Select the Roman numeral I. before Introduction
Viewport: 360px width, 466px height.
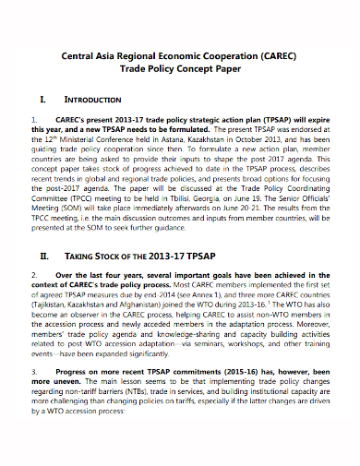pyautogui.click(x=45, y=98)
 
